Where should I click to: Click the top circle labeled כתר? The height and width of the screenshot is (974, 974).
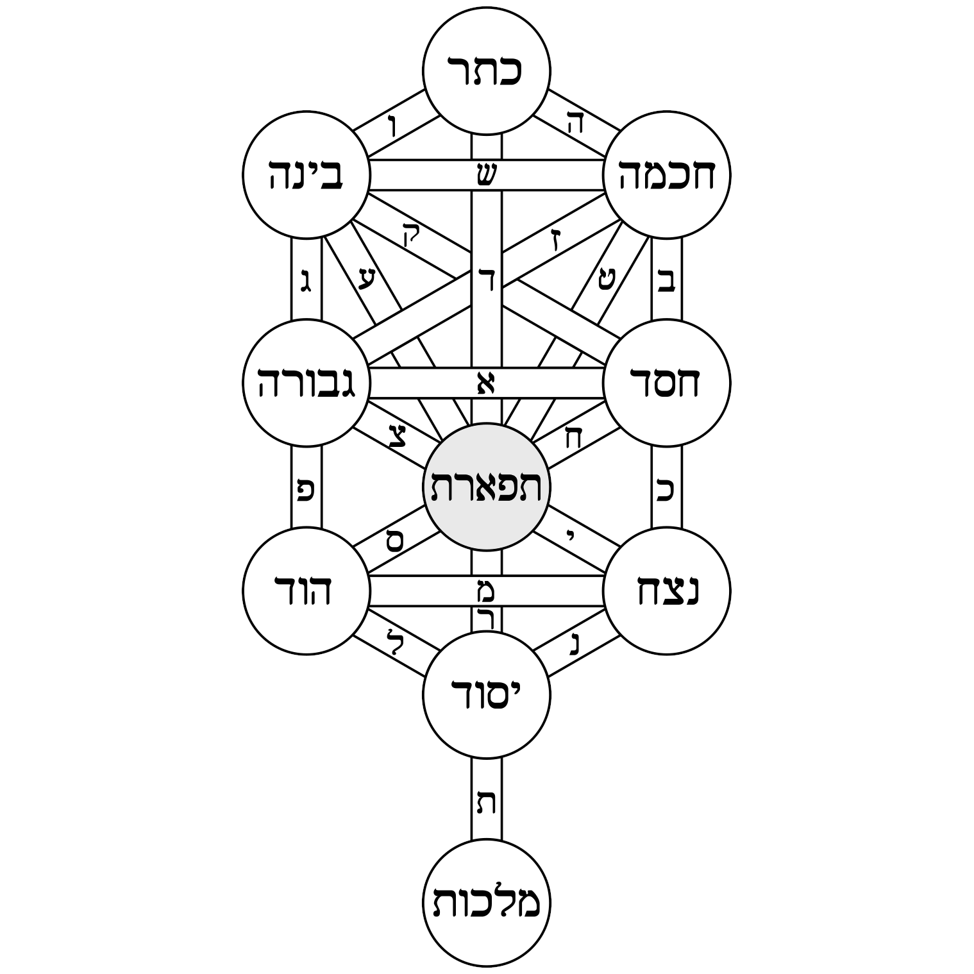pyautogui.click(x=486, y=71)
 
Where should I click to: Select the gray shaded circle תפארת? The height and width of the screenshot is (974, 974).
pyautogui.click(x=486, y=487)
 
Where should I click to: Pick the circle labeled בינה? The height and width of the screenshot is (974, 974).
pyautogui.click(x=306, y=175)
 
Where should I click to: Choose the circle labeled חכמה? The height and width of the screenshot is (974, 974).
pyautogui.click(x=667, y=175)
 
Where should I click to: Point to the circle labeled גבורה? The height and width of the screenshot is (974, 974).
pyautogui.click(x=306, y=383)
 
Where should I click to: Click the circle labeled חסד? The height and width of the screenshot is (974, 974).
pyautogui.click(x=667, y=383)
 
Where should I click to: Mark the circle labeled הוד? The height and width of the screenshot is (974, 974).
pyautogui.click(x=306, y=591)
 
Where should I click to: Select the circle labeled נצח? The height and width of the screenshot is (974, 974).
pyautogui.click(x=667, y=591)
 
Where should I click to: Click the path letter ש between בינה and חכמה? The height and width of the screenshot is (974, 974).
pyautogui.click(x=486, y=175)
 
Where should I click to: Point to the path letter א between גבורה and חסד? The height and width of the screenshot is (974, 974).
pyautogui.click(x=486, y=383)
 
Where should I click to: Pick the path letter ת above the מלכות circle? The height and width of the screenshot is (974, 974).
pyautogui.click(x=486, y=802)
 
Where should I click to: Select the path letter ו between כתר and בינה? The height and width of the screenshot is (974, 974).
pyautogui.click(x=393, y=125)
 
